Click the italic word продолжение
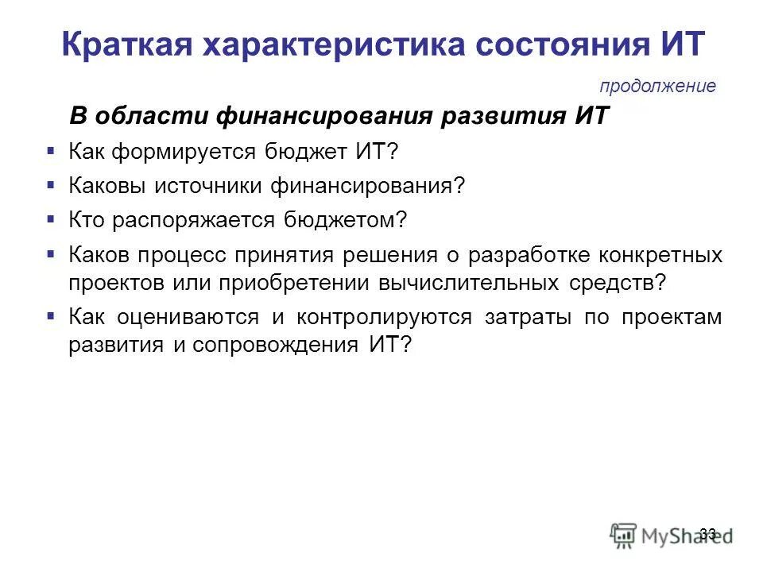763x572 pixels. tap(657, 86)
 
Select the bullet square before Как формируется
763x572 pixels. tap(51, 149)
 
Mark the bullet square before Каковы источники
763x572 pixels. tap(51, 184)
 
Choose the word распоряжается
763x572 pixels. tap(192, 221)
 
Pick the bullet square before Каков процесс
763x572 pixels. tap(51, 254)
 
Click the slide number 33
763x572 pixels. tap(708, 533)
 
